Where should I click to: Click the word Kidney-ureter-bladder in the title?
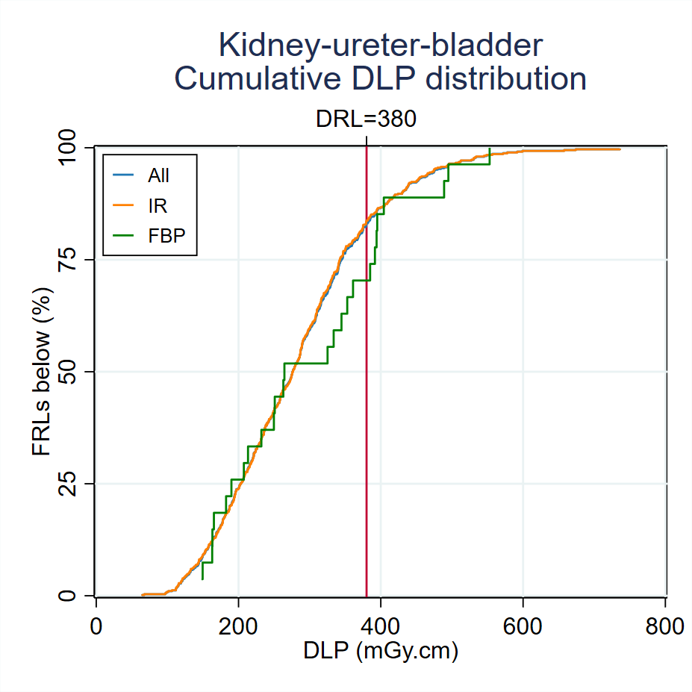point(380,46)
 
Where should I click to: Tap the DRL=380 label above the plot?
point(366,119)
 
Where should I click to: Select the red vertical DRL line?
point(367,448)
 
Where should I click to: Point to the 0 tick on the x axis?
point(96,626)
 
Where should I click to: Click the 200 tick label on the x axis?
point(238,626)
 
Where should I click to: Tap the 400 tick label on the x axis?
point(381,626)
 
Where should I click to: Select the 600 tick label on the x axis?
point(523,626)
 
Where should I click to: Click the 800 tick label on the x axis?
point(665,626)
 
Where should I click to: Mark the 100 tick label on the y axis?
point(68,148)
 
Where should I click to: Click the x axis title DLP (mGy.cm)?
point(380,652)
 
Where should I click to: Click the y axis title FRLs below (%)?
point(42,372)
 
